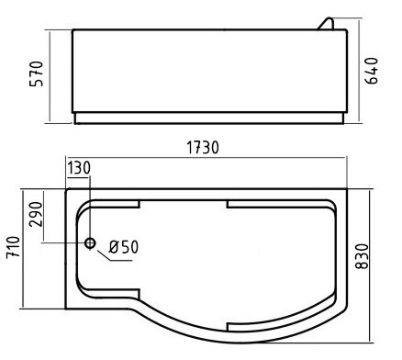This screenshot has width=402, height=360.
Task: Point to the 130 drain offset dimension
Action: pos(79,166)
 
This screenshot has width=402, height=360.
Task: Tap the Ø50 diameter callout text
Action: pos(123,246)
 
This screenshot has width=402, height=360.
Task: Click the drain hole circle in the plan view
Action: pos(90,243)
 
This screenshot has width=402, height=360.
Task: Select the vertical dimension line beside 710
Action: pos(23,248)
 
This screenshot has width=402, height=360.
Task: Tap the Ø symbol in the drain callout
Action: pos(113,246)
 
